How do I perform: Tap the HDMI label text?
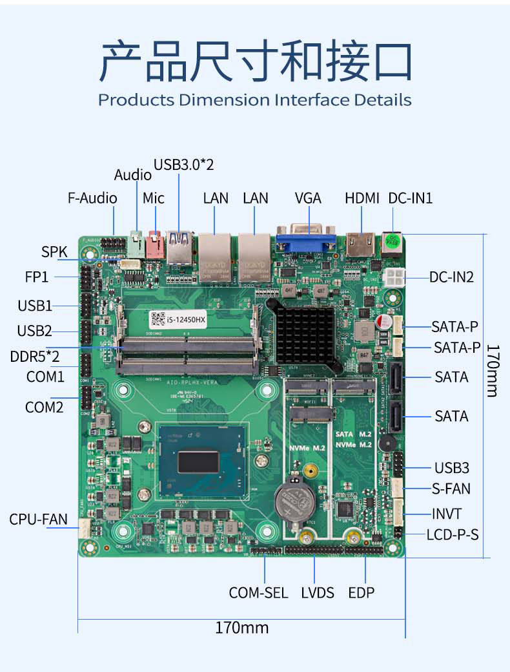tap(362, 198)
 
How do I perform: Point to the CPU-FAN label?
tap(38, 519)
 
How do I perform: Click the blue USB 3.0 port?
tap(179, 246)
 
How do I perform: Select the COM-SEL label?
tap(258, 593)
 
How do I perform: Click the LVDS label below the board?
tap(318, 593)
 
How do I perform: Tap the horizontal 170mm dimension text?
tap(242, 627)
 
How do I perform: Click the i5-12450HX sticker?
tap(178, 319)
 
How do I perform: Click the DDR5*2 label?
tap(35, 356)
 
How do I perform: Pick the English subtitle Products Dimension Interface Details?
tap(254, 100)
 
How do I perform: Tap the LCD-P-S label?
tap(453, 535)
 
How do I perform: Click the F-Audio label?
tap(92, 198)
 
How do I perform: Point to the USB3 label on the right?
tap(452, 468)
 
